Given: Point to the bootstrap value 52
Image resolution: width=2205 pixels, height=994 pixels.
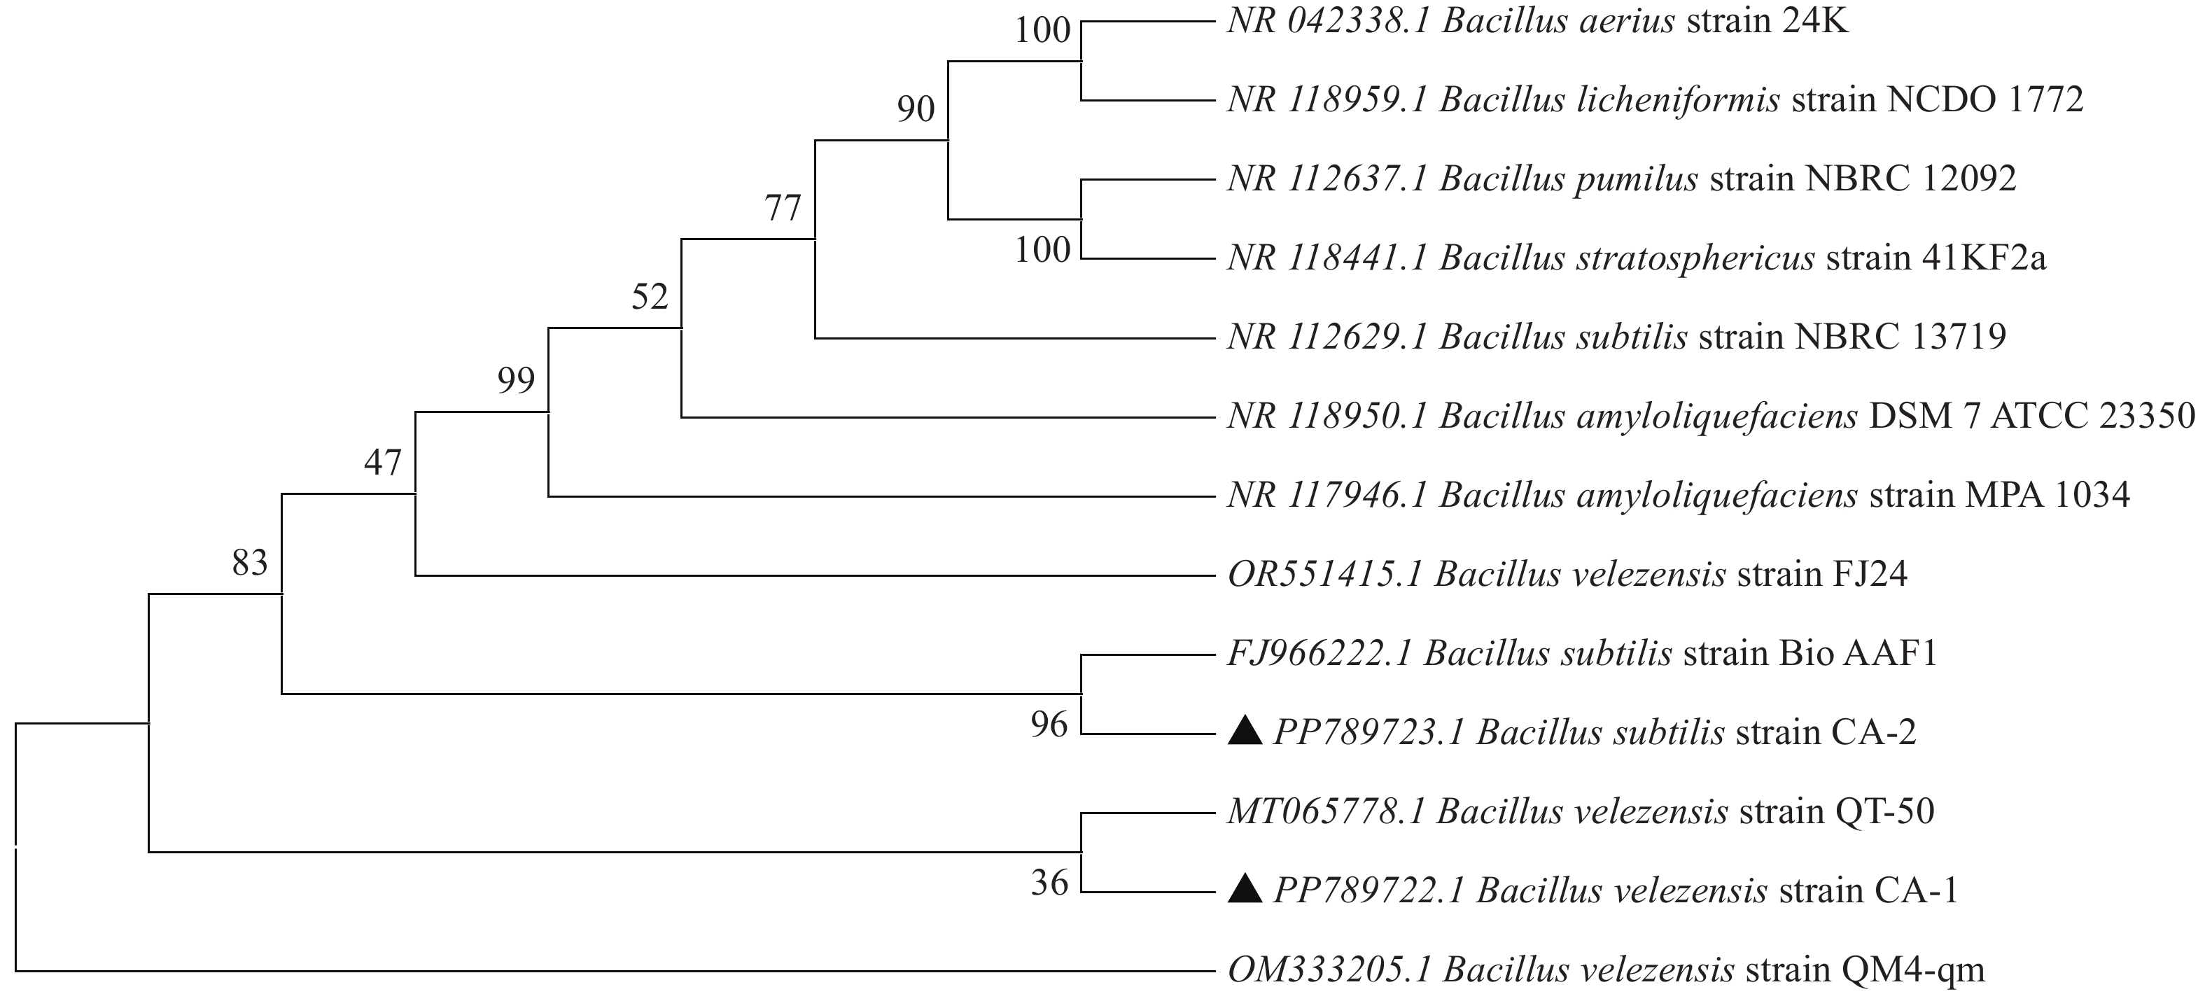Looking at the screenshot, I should click(650, 297).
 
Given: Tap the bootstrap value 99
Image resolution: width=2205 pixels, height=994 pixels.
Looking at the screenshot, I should click(516, 380).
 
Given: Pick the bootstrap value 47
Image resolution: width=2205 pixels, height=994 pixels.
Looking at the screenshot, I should click(383, 463).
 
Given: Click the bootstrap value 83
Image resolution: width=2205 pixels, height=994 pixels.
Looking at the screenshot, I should click(250, 563).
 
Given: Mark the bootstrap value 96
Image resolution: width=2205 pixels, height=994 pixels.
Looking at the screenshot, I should click(1049, 725).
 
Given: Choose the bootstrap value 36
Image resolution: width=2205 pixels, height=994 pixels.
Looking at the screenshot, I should click(1049, 883).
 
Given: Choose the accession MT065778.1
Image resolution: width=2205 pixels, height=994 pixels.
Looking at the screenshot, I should click(1326, 811).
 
